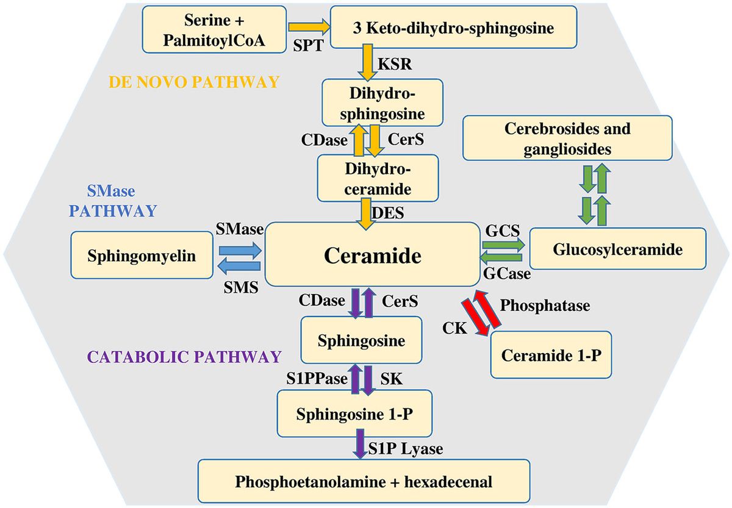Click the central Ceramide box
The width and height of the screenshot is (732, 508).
coord(372,254)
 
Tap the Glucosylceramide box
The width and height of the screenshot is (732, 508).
coord(617,249)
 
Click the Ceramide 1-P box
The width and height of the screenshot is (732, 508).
coord(551,355)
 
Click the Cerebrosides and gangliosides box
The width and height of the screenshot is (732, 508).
coord(567,138)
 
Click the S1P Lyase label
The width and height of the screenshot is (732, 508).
coord(405,449)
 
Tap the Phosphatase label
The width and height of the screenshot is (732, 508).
coord(545,306)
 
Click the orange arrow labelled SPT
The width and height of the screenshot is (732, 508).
coord(308,27)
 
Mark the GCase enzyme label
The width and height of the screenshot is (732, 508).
coord(506,274)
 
